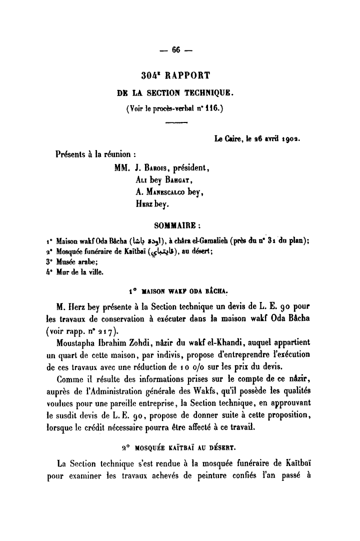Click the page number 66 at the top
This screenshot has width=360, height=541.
pyautogui.click(x=175, y=49)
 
